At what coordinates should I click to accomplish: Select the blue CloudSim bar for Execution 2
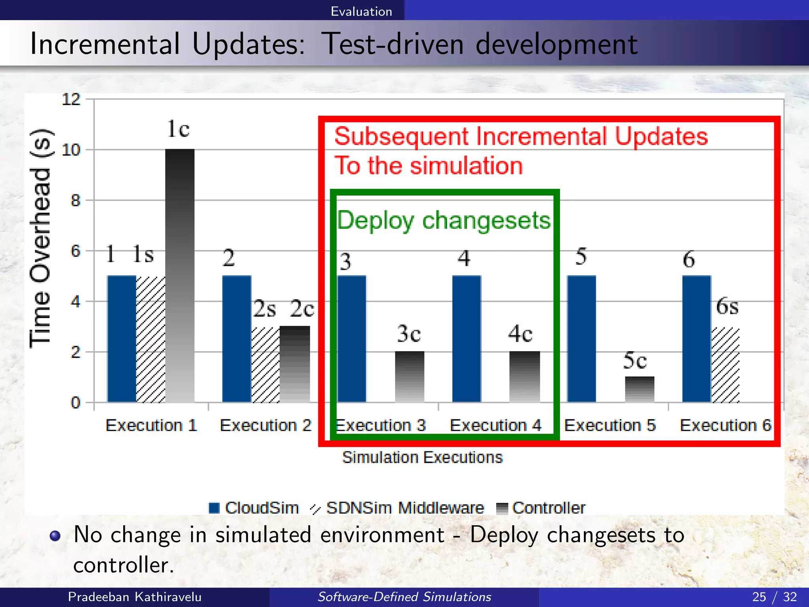237,339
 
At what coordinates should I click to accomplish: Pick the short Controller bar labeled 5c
640,389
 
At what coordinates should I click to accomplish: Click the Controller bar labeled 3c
410,377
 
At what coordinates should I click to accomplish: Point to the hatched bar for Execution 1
151,339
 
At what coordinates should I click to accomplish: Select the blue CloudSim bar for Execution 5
581,339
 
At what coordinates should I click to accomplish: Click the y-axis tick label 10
71,150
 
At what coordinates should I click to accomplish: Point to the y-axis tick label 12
71,99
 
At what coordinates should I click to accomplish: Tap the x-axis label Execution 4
495,426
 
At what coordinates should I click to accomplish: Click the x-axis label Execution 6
725,426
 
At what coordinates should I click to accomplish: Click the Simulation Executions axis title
422,457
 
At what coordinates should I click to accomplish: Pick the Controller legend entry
541,508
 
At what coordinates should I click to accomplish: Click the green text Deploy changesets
444,220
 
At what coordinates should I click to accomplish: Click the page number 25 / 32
774,597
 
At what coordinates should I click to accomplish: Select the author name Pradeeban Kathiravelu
135,597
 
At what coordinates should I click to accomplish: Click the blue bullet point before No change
55,536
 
